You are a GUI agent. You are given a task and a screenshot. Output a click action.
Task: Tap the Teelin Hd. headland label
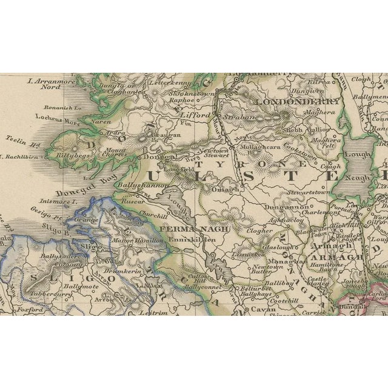[19, 138]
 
